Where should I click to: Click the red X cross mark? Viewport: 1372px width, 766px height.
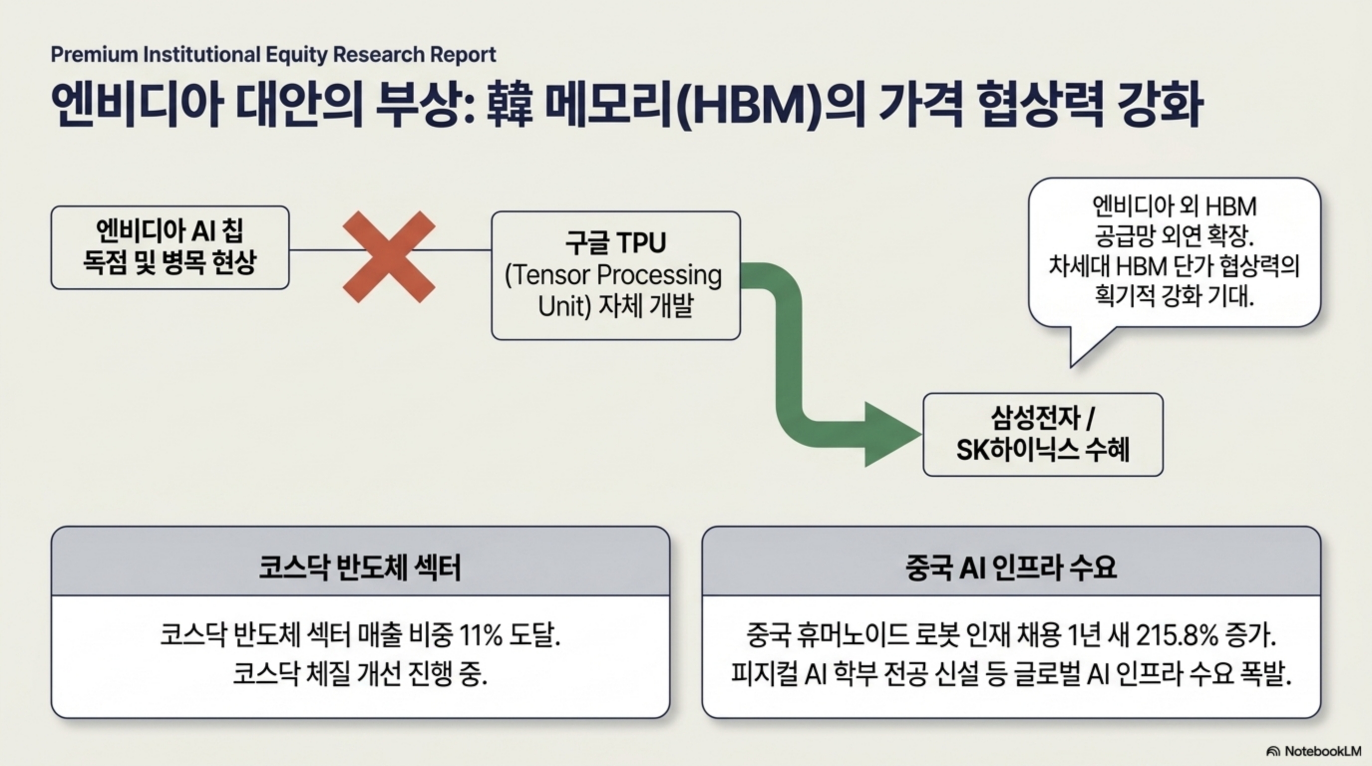pyautogui.click(x=389, y=257)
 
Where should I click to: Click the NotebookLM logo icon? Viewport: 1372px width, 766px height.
pyautogui.click(x=1273, y=752)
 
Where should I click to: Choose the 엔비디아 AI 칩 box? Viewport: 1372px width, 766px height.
pyautogui.click(x=170, y=248)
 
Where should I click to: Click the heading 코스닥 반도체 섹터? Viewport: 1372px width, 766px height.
pyautogui.click(x=360, y=568)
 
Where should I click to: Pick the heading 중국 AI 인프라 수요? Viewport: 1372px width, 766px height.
pyautogui.click(x=1011, y=568)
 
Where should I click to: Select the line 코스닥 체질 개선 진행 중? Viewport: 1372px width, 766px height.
pyautogui.click(x=360, y=674)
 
